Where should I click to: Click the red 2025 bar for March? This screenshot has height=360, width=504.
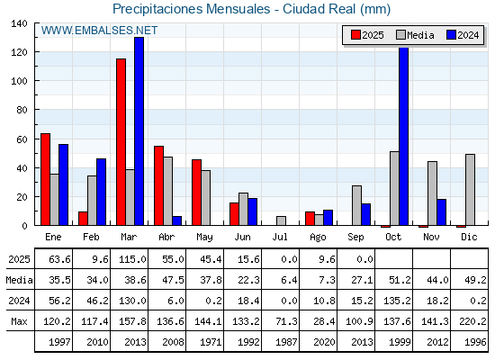tap(121, 142)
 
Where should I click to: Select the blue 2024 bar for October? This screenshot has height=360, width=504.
tap(404, 136)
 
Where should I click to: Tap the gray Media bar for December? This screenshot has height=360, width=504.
tap(470, 190)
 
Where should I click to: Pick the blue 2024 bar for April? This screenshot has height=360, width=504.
tap(176, 220)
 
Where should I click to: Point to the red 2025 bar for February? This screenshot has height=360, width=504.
tap(83, 218)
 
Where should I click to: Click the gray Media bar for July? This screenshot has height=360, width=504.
tap(281, 220)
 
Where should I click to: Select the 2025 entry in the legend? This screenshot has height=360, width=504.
tap(367, 35)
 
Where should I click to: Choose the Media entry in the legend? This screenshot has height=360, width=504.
tap(415, 35)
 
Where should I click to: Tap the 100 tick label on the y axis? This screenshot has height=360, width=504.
tap(19, 81)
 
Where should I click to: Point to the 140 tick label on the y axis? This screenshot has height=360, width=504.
tap(19, 23)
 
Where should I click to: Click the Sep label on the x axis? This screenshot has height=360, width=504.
tap(355, 237)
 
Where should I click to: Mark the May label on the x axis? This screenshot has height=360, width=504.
tap(204, 238)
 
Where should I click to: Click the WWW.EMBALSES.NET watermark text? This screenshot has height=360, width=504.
tap(99, 31)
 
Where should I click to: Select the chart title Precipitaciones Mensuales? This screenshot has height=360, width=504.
tap(191, 9)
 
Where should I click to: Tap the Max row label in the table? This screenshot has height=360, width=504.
tap(19, 321)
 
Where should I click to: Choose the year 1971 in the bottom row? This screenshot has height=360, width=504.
tap(211, 342)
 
